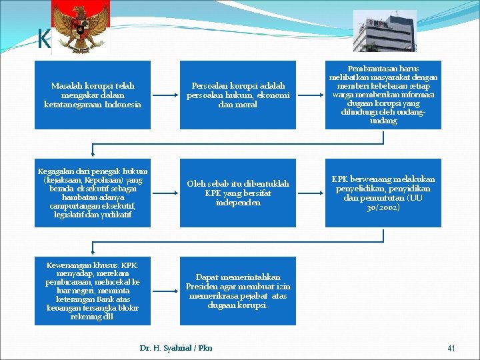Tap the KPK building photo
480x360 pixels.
click(x=384, y=31)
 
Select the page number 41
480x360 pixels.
click(x=451, y=348)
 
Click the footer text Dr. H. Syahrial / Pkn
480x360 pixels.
click(x=176, y=348)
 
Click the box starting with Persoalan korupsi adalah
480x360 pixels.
click(x=237, y=95)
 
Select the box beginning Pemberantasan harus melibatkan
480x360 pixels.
click(x=383, y=94)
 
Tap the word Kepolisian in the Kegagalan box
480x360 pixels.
click(x=109, y=180)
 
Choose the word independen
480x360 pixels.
click(x=238, y=203)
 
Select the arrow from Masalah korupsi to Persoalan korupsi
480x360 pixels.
click(x=165, y=95)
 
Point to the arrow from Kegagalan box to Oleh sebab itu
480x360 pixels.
click(x=165, y=193)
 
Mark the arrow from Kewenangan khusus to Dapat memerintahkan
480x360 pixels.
click(x=165, y=291)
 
